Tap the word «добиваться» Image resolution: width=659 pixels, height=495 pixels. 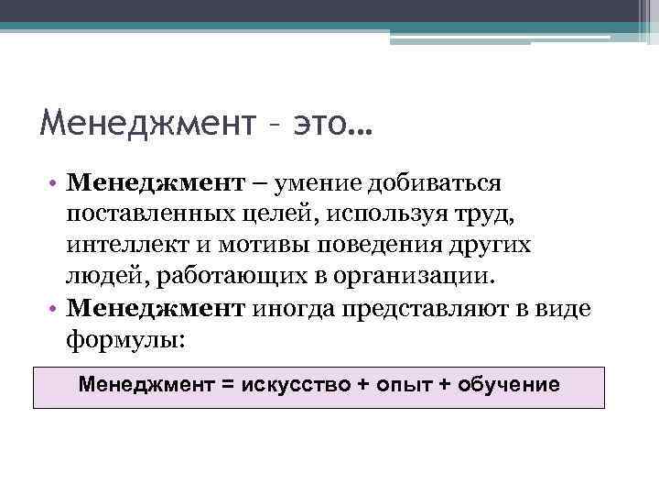435,182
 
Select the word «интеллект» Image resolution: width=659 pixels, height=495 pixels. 122,246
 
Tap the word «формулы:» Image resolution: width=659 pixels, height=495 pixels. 125,340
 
